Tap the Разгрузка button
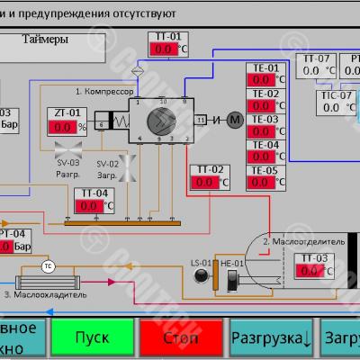271,338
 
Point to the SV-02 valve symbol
127,167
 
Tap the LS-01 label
200,262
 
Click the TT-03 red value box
310,271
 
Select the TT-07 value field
310,70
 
